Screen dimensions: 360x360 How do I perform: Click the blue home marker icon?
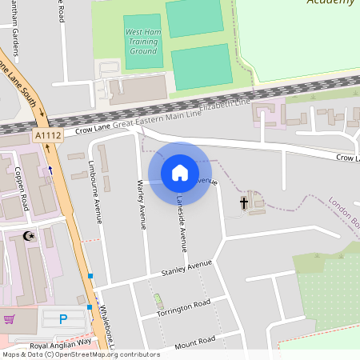[180, 172]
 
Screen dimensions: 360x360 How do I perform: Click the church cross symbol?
[243, 203]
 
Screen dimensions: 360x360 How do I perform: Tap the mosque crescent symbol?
[30, 236]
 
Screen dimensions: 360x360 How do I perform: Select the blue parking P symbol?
[63, 319]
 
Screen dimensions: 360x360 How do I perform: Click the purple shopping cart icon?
[9, 319]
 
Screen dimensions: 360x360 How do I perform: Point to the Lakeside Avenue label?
[182, 227]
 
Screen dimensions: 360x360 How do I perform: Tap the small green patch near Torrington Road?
[158, 302]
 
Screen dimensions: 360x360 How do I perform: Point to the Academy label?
[330, 2]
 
